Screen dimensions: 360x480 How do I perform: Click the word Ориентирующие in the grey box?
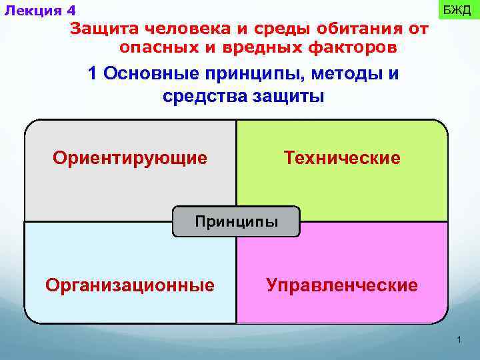click(129, 159)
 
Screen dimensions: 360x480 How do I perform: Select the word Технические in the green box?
click(341, 159)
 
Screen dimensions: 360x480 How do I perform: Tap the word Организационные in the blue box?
click(129, 285)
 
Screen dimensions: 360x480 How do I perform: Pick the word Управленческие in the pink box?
click(341, 285)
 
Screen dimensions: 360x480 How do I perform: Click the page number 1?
click(459, 341)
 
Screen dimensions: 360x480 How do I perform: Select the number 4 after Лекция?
click(71, 11)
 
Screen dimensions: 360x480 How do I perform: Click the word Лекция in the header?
click(33, 11)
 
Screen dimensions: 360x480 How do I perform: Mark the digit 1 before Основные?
click(93, 73)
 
